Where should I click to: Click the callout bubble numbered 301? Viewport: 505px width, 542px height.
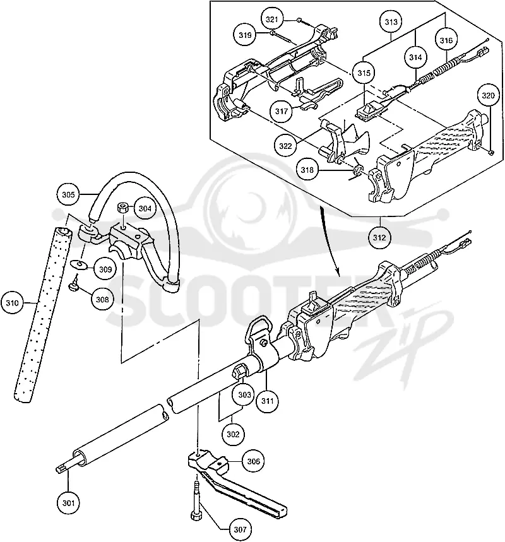click(x=68, y=503)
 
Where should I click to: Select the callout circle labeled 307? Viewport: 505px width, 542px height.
click(x=240, y=529)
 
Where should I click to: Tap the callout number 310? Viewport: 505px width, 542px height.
click(x=12, y=303)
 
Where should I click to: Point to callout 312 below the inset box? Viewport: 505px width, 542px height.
click(x=379, y=237)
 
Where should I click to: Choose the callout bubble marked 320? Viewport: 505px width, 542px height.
click(x=488, y=95)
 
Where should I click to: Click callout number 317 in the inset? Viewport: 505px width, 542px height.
click(x=282, y=111)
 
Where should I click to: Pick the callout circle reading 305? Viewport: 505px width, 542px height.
click(x=68, y=194)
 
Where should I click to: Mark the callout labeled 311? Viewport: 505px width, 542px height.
click(x=268, y=401)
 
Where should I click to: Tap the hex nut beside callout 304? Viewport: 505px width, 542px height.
click(x=122, y=208)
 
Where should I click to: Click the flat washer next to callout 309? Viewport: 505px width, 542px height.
click(x=79, y=265)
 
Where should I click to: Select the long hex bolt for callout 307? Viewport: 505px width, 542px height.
click(x=196, y=501)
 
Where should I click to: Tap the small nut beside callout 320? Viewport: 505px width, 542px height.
click(x=490, y=151)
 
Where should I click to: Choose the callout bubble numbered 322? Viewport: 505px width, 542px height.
click(x=285, y=146)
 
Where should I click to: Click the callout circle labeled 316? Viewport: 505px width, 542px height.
click(x=446, y=40)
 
